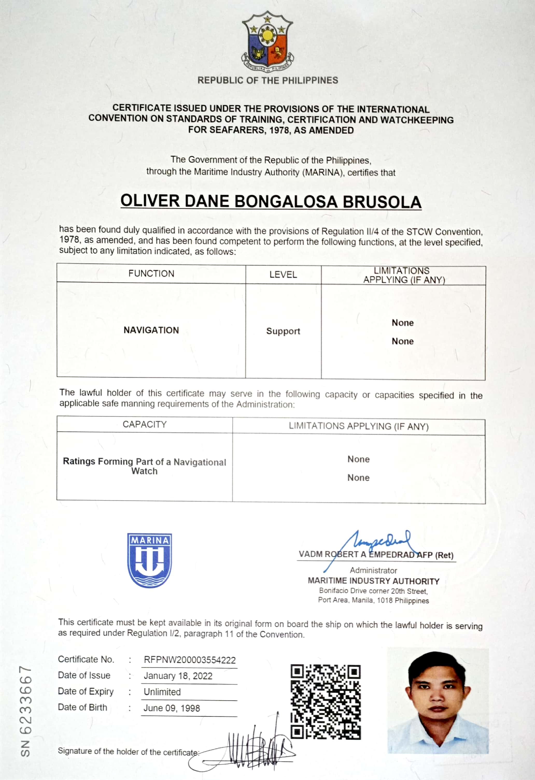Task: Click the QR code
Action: (326, 702)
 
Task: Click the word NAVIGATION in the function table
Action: (151, 330)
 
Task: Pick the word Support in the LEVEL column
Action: (283, 331)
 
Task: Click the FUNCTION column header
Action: (151, 273)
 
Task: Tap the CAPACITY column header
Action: (144, 424)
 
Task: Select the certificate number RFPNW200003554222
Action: (190, 660)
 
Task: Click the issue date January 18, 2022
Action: (178, 676)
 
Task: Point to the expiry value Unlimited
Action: (162, 692)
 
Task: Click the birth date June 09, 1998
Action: (172, 708)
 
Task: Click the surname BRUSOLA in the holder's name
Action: (382, 202)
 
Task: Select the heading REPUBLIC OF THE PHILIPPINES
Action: (268, 81)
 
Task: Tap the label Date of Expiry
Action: (86, 692)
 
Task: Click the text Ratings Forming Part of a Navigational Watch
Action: (144, 466)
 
